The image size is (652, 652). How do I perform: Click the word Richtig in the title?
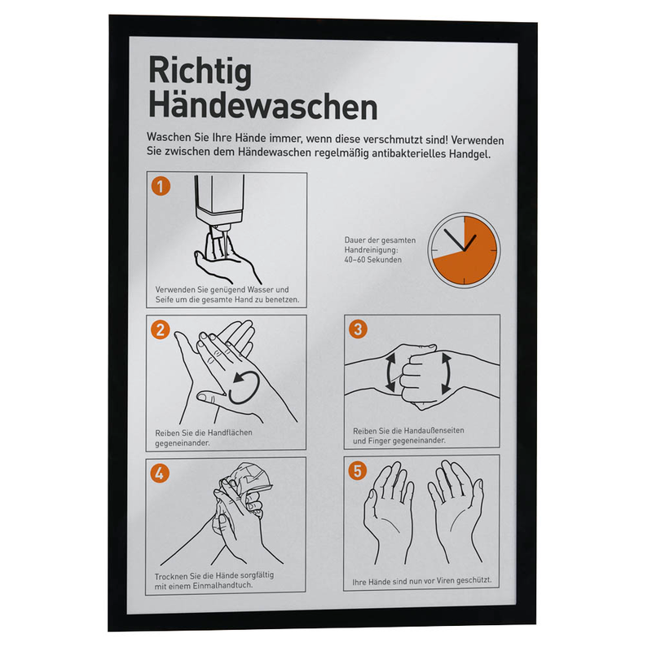[200, 73]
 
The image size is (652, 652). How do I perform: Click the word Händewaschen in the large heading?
[262, 107]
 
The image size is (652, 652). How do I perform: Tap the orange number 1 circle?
[161, 187]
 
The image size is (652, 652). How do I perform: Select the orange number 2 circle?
[161, 330]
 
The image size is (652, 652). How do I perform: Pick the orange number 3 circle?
[358, 329]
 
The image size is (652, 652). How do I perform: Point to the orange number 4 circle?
[160, 473]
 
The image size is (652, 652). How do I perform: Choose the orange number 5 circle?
[358, 471]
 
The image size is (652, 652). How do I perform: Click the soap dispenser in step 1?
[219, 205]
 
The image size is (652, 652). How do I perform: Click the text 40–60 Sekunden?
[372, 260]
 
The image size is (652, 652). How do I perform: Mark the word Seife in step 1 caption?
[165, 299]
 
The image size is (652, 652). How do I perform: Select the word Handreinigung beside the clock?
[371, 250]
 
